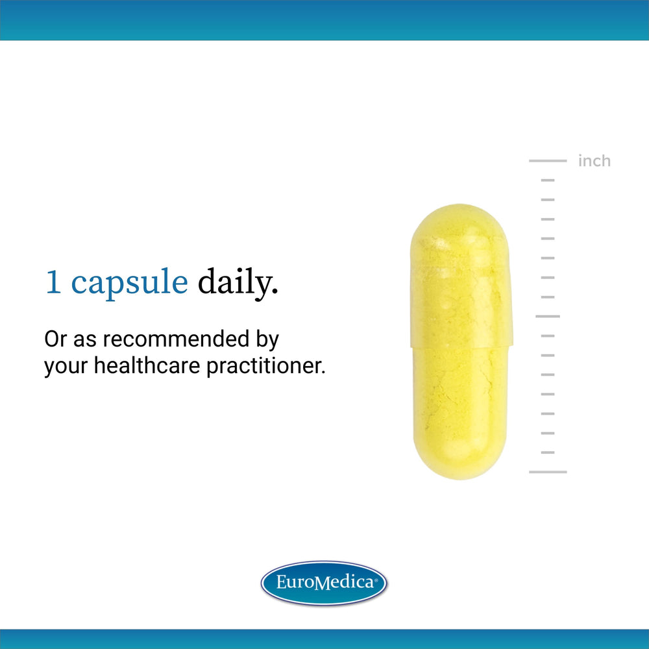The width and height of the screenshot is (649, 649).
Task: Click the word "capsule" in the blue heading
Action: coord(129,284)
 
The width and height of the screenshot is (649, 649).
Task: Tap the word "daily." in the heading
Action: coord(238,284)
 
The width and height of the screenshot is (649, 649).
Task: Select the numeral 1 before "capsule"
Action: coord(53,284)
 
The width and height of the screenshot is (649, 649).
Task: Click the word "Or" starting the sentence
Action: coord(55,339)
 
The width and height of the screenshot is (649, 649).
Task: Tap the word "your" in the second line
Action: coord(66,367)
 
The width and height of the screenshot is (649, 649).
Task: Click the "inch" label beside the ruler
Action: coord(594,161)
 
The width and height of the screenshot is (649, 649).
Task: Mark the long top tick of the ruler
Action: coord(548,160)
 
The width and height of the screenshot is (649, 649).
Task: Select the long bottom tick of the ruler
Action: coord(548,472)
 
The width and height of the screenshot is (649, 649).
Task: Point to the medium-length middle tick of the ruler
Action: coord(548,316)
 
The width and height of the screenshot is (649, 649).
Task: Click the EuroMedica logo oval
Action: coord(324,582)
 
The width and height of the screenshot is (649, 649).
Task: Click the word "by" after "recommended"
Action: coord(265,339)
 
